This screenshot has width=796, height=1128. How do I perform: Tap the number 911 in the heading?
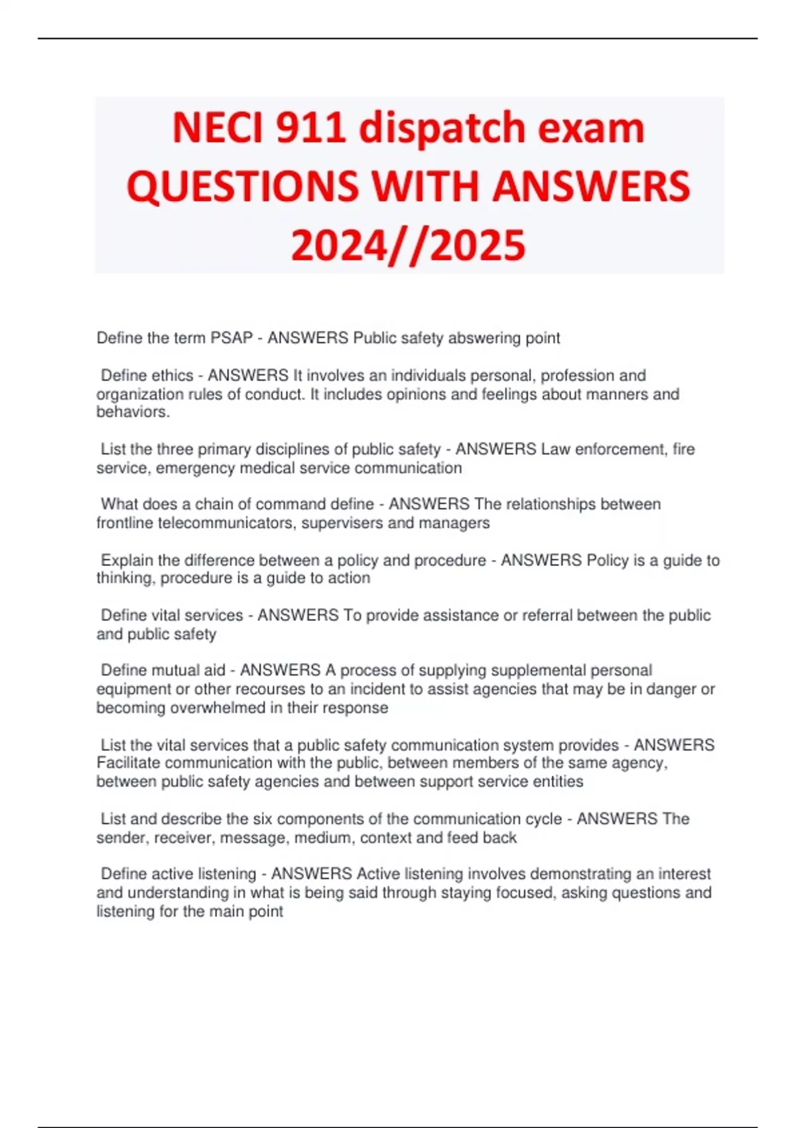click(x=310, y=127)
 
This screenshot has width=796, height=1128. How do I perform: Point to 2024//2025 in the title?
click(x=408, y=245)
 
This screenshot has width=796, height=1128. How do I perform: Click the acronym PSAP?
click(x=232, y=338)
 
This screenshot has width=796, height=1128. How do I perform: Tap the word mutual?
click(x=175, y=671)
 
